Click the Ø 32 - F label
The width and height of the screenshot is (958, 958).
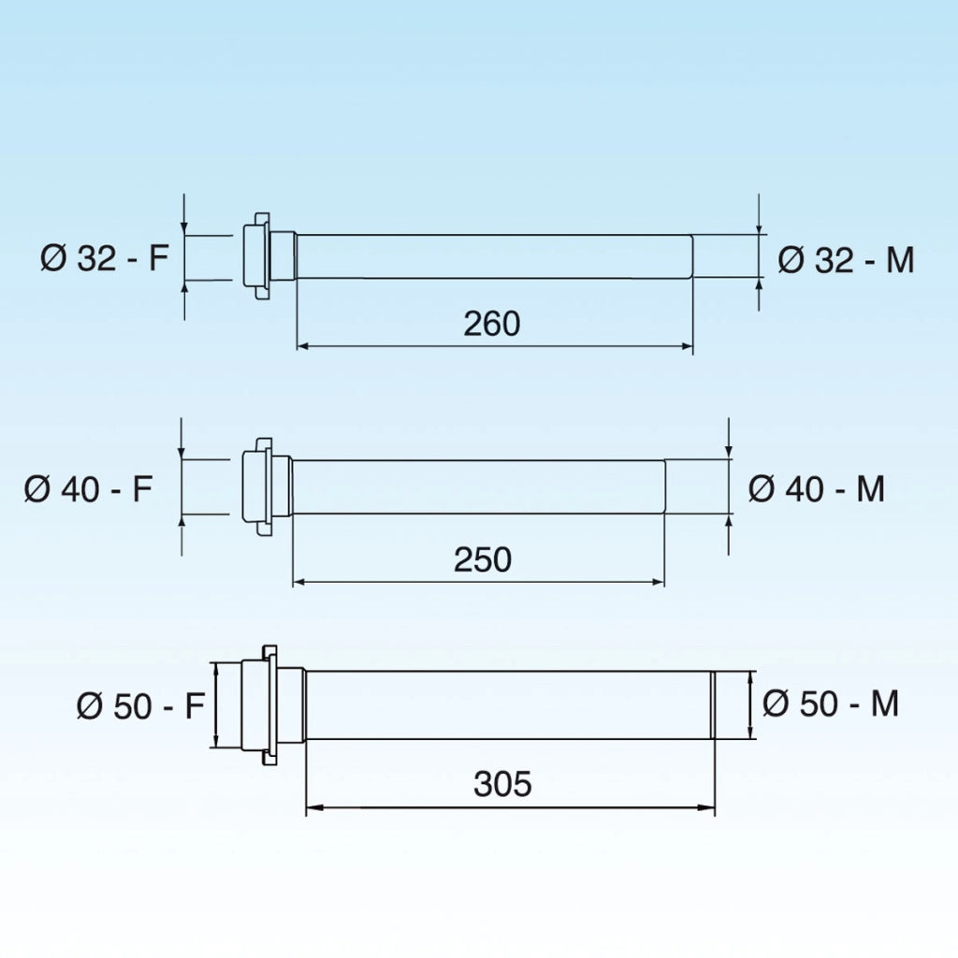[x=104, y=258]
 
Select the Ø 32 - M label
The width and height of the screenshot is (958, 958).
[x=846, y=260]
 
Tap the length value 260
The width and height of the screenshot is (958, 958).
[x=492, y=323]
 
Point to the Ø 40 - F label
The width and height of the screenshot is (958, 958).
[x=88, y=488]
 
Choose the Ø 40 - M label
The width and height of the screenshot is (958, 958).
[x=817, y=488]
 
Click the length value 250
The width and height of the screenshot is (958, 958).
[x=483, y=559]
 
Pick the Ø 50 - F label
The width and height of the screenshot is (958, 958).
[x=140, y=705]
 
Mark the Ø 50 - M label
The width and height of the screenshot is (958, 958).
[x=831, y=704]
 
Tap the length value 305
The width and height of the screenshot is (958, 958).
[x=502, y=784]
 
